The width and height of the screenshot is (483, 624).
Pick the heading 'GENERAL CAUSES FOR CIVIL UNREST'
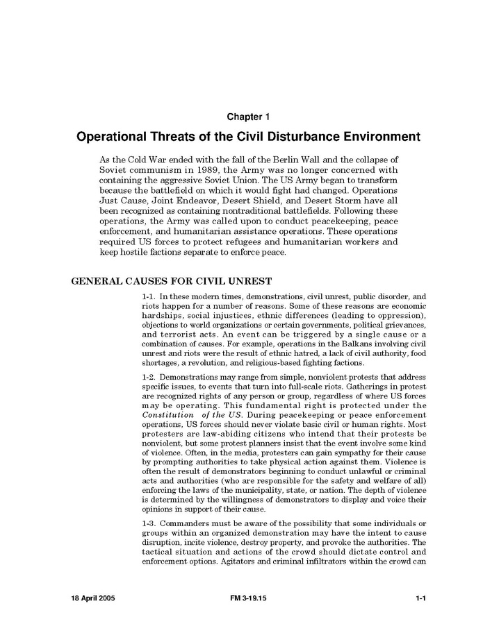pos(172,281)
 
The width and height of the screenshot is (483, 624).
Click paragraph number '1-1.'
pos(149,296)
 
